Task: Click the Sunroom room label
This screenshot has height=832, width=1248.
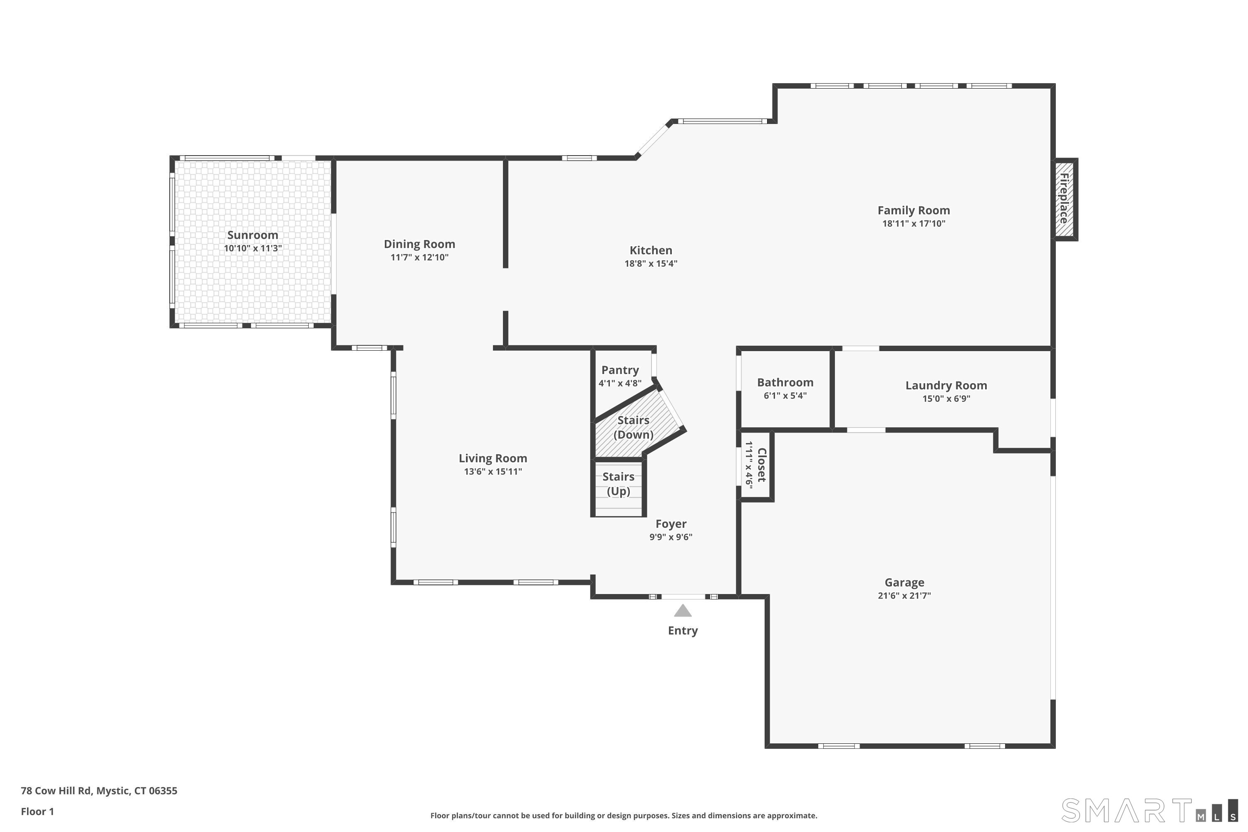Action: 253,235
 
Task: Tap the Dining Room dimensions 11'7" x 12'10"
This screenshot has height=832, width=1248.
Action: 419,258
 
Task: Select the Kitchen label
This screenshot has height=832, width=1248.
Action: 651,250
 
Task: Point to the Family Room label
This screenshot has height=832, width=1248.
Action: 913,210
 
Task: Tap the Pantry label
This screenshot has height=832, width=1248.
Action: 620,370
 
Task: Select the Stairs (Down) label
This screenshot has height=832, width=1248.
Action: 633,427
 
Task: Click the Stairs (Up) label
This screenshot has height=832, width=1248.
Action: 618,484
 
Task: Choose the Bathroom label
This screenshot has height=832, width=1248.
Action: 785,383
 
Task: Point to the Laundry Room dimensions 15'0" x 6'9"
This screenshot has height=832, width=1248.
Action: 946,399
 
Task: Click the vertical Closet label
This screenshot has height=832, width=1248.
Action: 761,465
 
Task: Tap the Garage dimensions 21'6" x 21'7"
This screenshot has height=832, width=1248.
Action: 904,595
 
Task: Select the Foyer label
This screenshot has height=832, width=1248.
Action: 671,524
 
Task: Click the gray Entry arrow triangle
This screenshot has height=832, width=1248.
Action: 682,611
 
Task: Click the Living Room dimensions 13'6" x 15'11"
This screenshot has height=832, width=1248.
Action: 493,472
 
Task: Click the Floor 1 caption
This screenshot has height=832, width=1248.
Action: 37,811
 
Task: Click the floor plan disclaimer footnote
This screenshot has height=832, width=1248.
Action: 624,815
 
